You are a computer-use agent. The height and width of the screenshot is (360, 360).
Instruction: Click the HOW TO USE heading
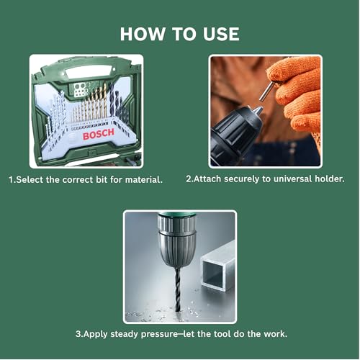click(x=179, y=34)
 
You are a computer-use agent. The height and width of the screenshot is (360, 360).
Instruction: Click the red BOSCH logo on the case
click(x=97, y=135)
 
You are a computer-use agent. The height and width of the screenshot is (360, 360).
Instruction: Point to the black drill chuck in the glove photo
click(x=238, y=130)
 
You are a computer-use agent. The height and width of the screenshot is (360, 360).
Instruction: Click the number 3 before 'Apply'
click(x=78, y=335)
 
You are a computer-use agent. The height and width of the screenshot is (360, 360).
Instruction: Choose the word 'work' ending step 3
click(x=273, y=335)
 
